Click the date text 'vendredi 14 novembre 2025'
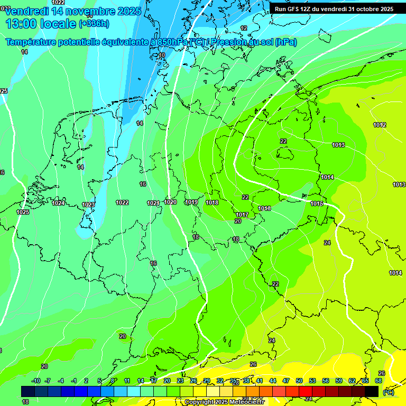coord(73,11)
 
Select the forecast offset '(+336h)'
coord(95,24)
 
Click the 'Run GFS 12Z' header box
coord(334,9)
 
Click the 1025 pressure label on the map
coord(23,212)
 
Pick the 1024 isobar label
coord(58,203)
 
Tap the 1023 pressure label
coord(88,205)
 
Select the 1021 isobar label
coord(153,203)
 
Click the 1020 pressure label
coord(170,202)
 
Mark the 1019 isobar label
coord(191,202)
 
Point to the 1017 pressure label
coord(242,215)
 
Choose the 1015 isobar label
coord(317,204)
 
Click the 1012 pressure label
coord(380,125)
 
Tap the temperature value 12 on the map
coord(244,28)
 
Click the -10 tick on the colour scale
coord(36,381)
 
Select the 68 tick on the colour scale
coord(379,381)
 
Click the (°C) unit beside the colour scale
coord(388,392)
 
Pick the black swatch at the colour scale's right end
coord(372,391)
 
